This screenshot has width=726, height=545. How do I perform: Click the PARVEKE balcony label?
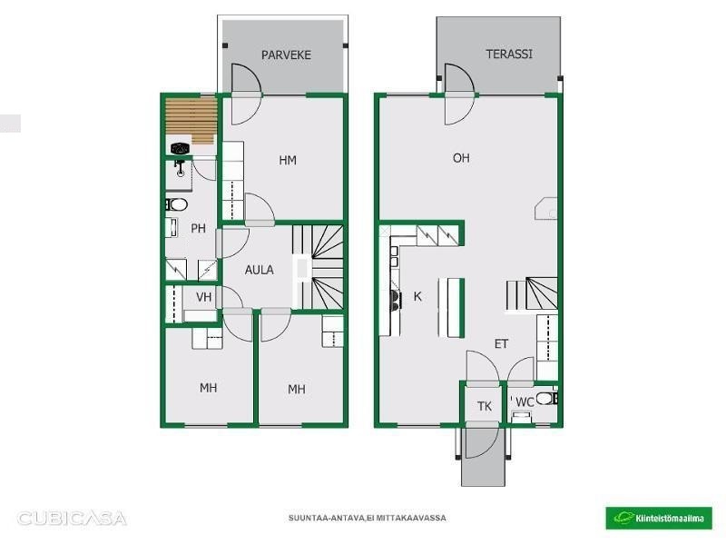pyautogui.click(x=286, y=54)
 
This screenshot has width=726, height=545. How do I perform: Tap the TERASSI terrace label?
pyautogui.click(x=509, y=54)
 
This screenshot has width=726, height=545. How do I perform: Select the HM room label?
pyautogui.click(x=288, y=161)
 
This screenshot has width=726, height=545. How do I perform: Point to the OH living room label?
pyautogui.click(x=461, y=158)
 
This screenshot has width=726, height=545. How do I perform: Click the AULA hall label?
pyautogui.click(x=259, y=270)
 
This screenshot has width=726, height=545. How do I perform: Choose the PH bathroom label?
pyautogui.click(x=198, y=228)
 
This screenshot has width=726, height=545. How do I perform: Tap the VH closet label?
pyautogui.click(x=203, y=297)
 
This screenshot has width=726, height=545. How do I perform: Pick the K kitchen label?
pyautogui.click(x=417, y=296)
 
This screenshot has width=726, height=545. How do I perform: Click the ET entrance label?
pyautogui.click(x=502, y=344)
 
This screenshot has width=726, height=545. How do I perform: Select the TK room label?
pyautogui.click(x=485, y=406)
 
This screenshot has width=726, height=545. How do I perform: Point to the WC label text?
pyautogui.click(x=525, y=402)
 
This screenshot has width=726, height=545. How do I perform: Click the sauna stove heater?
pyautogui.click(x=180, y=149)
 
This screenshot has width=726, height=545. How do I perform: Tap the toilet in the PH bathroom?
pyautogui.click(x=176, y=204)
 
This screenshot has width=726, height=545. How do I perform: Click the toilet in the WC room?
pyautogui.click(x=548, y=398)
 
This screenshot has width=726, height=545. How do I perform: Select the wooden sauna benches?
pyautogui.click(x=191, y=121)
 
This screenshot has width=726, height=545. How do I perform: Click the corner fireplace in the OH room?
pyautogui.click(x=546, y=209)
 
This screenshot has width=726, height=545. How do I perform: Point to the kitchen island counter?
pyautogui.click(x=451, y=308)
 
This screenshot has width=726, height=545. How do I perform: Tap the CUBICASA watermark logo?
pyautogui.click(x=72, y=518)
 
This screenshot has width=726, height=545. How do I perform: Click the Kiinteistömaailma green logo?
pyautogui.click(x=659, y=518)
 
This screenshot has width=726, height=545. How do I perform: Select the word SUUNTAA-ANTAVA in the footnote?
pyautogui.click(x=327, y=518)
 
